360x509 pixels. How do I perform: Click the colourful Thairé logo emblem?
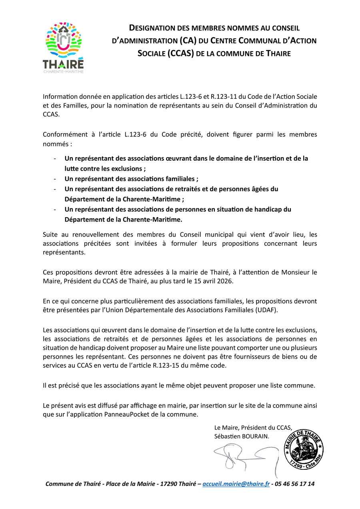[64, 40]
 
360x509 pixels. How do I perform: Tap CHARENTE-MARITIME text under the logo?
[64, 72]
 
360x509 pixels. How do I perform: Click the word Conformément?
[63, 134]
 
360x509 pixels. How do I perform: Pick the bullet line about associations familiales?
[131, 179]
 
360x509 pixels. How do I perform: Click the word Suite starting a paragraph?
[50, 234]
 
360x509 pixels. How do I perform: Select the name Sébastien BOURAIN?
[242, 436]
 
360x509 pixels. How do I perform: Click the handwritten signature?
[244, 456]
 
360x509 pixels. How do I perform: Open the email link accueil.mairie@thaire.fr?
[236, 484]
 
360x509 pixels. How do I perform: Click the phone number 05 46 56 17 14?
[296, 484]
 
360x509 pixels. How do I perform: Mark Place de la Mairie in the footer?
[130, 484]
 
